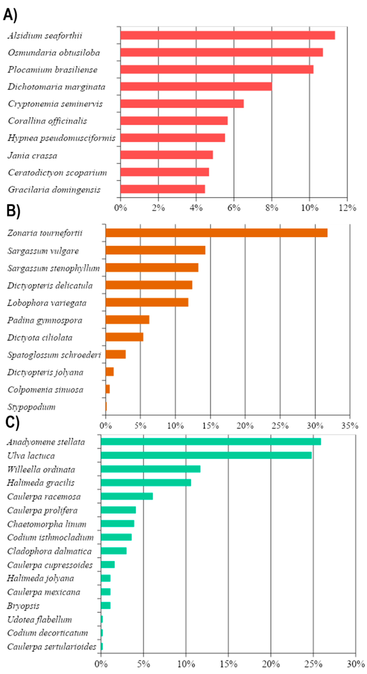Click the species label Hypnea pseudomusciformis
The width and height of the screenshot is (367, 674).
click(61, 138)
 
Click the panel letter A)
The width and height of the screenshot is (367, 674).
click(10, 15)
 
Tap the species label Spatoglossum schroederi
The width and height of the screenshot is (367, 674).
click(54, 355)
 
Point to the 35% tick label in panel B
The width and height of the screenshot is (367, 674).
click(349, 426)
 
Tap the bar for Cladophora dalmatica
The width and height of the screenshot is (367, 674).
click(114, 551)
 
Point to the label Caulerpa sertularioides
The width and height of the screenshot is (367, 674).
click(52, 647)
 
